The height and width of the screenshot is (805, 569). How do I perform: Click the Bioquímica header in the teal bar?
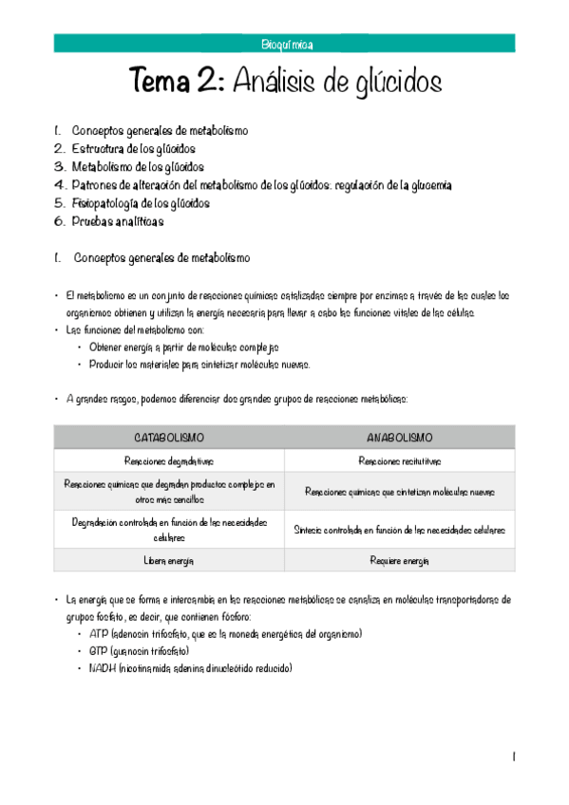pyautogui.click(x=286, y=44)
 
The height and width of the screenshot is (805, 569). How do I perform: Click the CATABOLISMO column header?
pyautogui.click(x=169, y=438)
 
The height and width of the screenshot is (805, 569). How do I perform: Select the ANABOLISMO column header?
pyautogui.click(x=399, y=438)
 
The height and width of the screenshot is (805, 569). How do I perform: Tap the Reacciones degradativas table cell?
pyautogui.click(x=169, y=461)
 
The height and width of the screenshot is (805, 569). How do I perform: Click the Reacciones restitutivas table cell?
pyautogui.click(x=399, y=461)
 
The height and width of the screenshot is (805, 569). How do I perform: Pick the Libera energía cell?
pyautogui.click(x=169, y=561)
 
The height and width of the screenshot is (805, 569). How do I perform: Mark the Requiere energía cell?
pyautogui.click(x=399, y=561)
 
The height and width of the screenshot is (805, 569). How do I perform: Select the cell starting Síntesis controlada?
pyautogui.click(x=399, y=530)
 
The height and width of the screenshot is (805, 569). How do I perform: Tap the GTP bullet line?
pyautogui.click(x=139, y=651)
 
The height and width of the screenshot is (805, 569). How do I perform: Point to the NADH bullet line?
pyautogui.click(x=190, y=668)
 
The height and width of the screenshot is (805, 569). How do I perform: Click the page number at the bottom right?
pyautogui.click(x=513, y=757)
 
